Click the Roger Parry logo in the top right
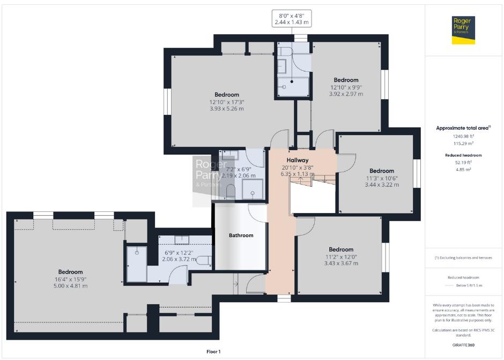coord(463,30)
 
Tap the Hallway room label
coord(298,160)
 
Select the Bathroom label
coord(241,236)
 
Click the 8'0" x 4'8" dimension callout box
coord(292,19)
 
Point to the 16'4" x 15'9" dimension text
coord(70,279)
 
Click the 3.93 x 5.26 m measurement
coord(227,109)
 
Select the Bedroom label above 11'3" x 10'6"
coord(382,171)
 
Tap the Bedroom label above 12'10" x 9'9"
coord(346,80)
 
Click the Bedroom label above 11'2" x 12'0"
coord(341,249)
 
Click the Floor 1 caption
coord(213,351)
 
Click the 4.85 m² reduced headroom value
coord(463,170)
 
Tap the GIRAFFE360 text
coord(463,345)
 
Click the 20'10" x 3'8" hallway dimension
coord(298,167)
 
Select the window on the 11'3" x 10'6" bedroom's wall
coord(417,173)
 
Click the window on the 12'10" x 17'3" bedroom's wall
coord(167,101)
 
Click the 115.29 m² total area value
coord(463,143)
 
